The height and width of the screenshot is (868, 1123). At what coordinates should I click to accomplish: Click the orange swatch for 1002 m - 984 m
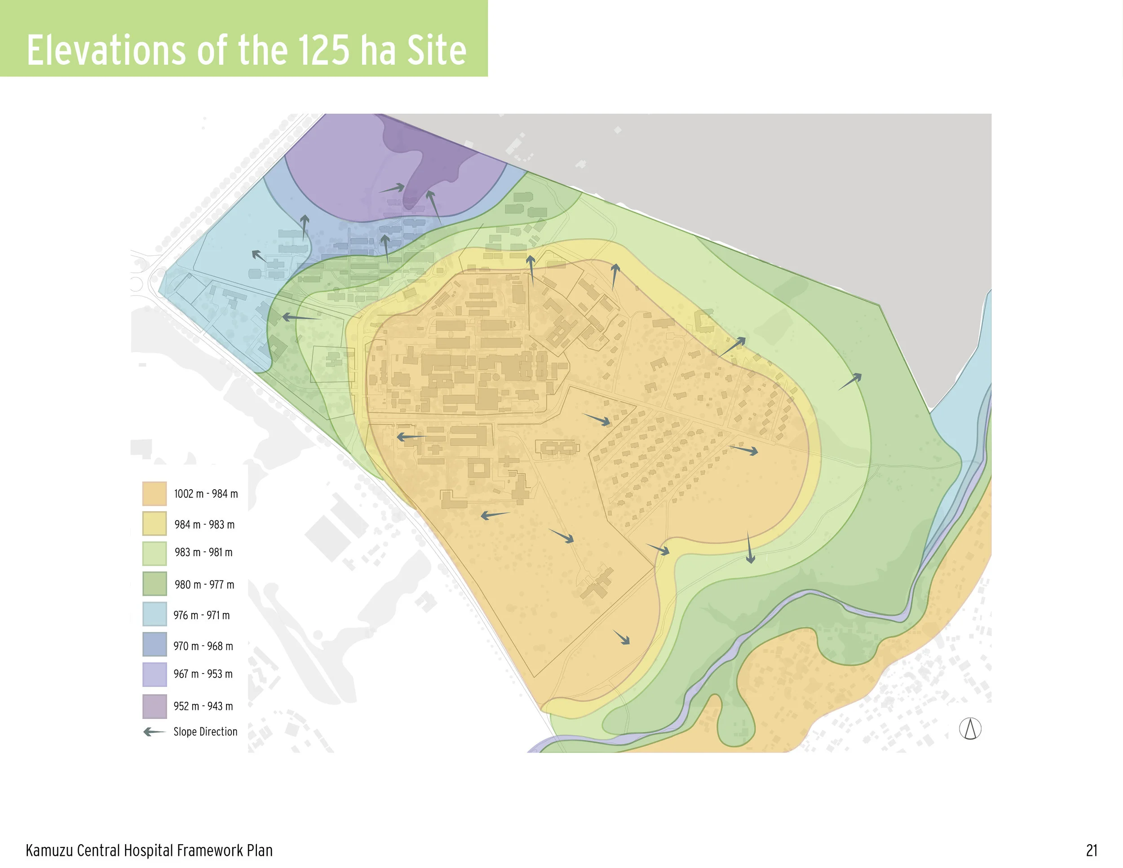[x=154, y=494]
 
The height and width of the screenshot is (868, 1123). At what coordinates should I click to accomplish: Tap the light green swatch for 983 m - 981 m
[x=154, y=554]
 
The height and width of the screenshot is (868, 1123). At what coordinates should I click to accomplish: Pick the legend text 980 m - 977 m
[x=204, y=585]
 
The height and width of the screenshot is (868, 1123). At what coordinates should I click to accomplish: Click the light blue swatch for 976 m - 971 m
[x=154, y=614]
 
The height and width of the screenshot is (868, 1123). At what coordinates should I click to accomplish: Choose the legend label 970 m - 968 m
[x=203, y=646]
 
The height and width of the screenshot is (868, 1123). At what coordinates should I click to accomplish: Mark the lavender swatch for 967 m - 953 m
[x=154, y=674]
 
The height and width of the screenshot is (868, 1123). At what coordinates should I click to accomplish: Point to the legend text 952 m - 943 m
[x=203, y=706]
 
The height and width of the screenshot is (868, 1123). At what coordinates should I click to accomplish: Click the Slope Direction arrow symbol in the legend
[x=154, y=732]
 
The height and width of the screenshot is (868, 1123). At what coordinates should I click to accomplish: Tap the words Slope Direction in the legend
[x=205, y=732]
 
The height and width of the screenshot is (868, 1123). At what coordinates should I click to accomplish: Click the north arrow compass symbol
[x=970, y=729]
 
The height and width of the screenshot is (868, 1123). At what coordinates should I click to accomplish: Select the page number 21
[x=1092, y=850]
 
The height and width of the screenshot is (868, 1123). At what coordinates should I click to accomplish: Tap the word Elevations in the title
[x=106, y=50]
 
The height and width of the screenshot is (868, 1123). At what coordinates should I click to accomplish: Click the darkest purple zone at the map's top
[x=432, y=164]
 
